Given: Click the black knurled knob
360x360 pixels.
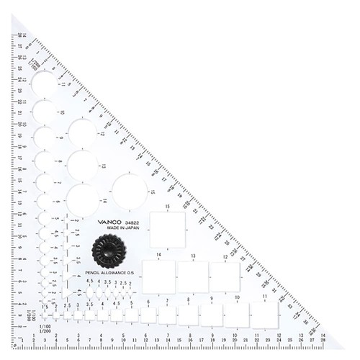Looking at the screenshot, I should point(109,251).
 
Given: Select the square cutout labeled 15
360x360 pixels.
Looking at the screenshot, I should point(167,230).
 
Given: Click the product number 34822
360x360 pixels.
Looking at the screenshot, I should point(135,222).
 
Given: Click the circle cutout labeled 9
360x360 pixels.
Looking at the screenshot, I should point(45,138).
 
